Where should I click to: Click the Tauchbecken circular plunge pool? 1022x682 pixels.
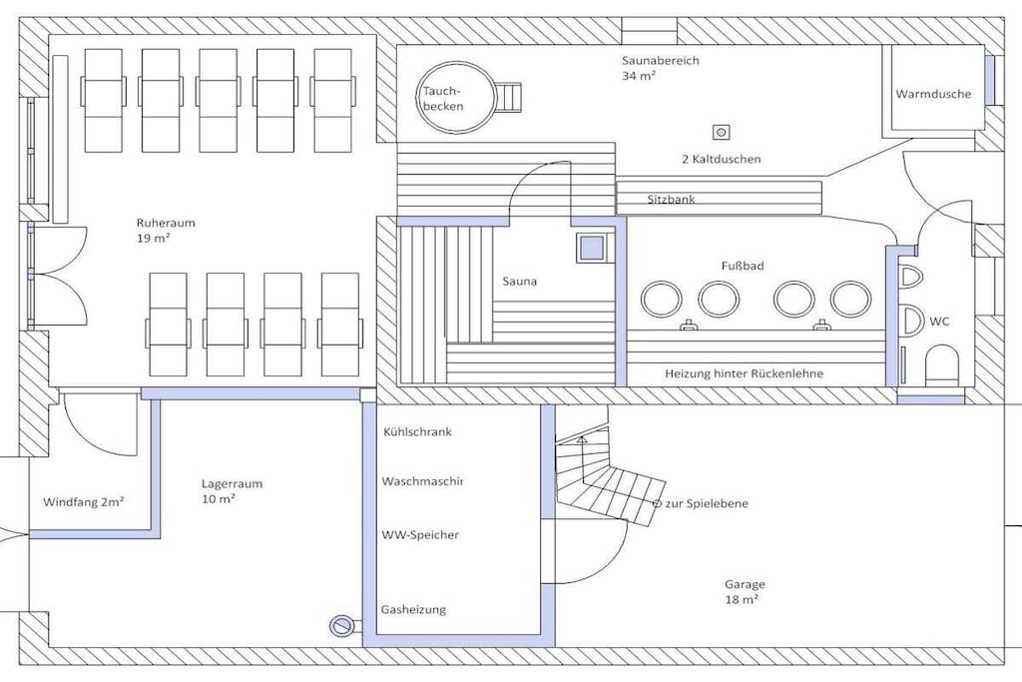pos(455,98)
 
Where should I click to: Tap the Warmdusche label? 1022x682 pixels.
pos(933,94)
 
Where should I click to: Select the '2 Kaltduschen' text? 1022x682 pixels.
pos(721,159)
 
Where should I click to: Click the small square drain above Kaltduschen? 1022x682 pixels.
pos(722,133)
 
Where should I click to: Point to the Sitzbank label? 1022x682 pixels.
pos(671,200)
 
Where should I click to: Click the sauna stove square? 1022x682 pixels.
pos(593,248)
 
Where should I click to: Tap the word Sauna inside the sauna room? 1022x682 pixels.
pos(519,282)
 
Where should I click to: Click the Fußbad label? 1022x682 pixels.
pos(743,266)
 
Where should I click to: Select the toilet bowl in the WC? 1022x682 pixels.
pos(942,363)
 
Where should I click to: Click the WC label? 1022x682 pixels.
pos(939,322)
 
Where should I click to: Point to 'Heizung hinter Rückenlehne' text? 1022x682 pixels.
pos(744,373)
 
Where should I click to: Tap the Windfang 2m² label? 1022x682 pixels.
pos(84,502)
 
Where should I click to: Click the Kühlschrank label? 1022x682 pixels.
pos(417,431)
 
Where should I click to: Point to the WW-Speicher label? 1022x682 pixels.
pos(420,535)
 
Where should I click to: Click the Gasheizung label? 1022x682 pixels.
pos(413,610)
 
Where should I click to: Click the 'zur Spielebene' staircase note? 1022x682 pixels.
pos(702,503)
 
